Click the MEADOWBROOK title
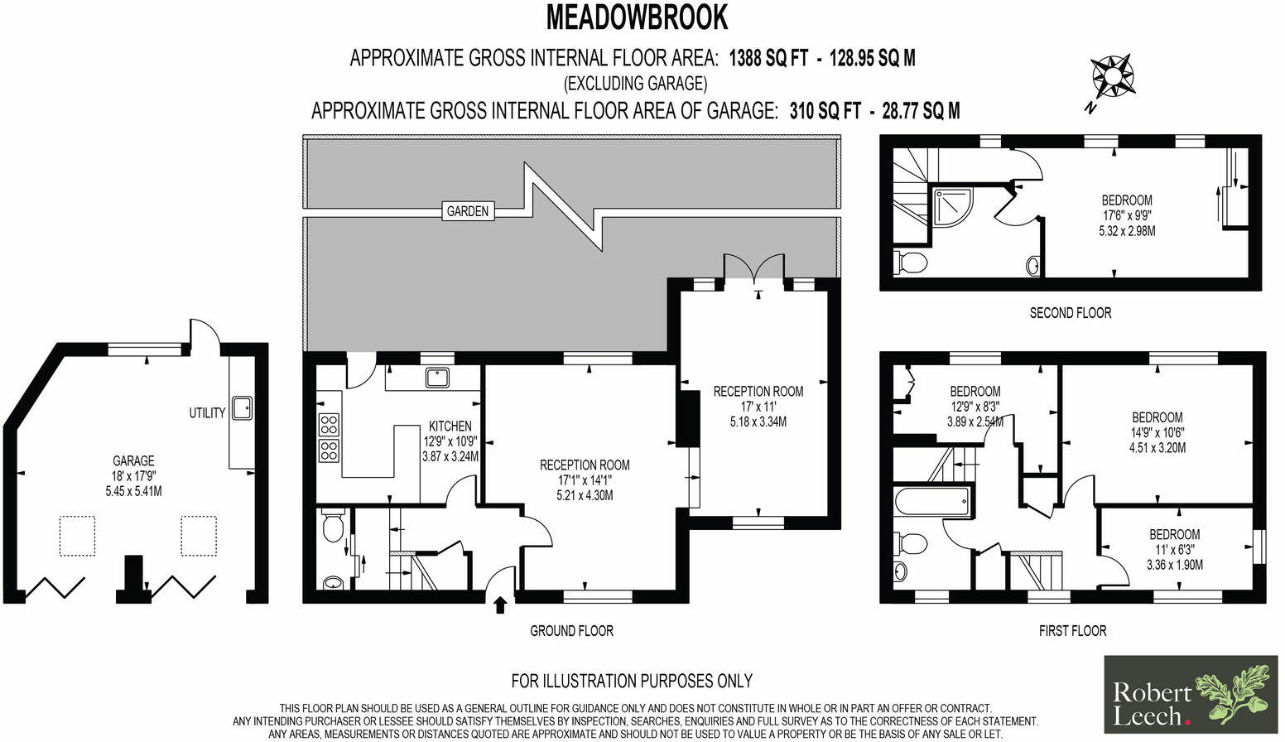pos(637,17)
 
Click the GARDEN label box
pos(468,211)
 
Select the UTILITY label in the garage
pos(207,412)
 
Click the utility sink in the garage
pos(242,408)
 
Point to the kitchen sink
pos(437,378)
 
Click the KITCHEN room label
pos(450,426)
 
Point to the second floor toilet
pos(911,263)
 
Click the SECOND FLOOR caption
pos(1070,313)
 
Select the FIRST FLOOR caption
pos(1072,631)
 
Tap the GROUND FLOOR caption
pos(571,631)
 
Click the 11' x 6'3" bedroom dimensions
pos(1174,550)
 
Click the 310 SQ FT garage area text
pos(825,110)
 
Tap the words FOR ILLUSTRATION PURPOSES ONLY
pos(632,681)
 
